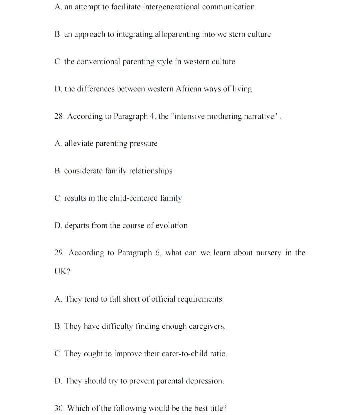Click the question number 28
tap(59, 116)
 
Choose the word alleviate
tap(79, 144)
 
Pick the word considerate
tap(83, 171)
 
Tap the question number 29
tap(59, 253)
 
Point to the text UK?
tap(62, 272)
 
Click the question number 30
tap(59, 408)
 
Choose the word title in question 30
tap(218, 408)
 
